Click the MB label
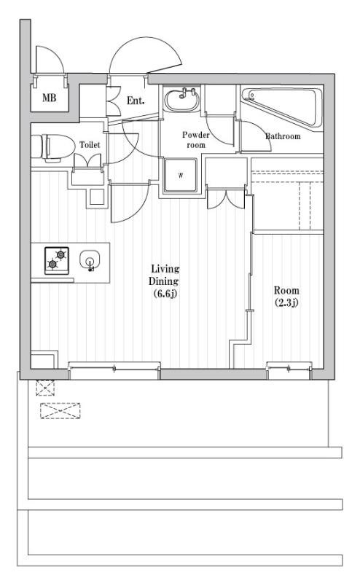[x=49, y=98]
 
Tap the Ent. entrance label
[x=136, y=101]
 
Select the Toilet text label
[x=90, y=144]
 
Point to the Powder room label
[x=195, y=140]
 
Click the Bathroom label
[x=283, y=136]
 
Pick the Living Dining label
[x=164, y=275]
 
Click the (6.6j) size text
[x=165, y=294]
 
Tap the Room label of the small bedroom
[x=286, y=290]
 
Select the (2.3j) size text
[x=286, y=302]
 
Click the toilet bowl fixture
[x=52, y=148]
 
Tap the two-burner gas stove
[x=57, y=261]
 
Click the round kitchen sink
[x=90, y=260]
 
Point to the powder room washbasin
[x=182, y=100]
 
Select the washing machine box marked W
[x=181, y=175]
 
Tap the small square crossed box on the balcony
[x=45, y=388]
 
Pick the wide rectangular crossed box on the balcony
[x=60, y=411]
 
